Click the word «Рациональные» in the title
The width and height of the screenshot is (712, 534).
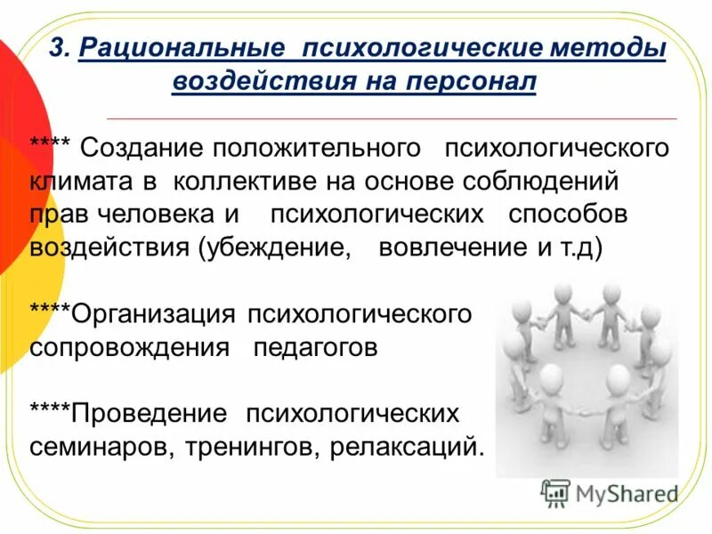pyautogui.click(x=181, y=47)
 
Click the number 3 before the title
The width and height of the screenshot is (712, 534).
pyautogui.click(x=55, y=47)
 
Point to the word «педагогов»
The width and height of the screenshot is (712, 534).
pyautogui.click(x=316, y=347)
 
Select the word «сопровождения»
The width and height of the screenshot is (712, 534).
pyautogui.click(x=129, y=347)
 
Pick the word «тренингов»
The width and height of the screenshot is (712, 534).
pyautogui.click(x=248, y=446)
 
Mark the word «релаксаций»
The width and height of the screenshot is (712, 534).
pyautogui.click(x=407, y=446)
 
